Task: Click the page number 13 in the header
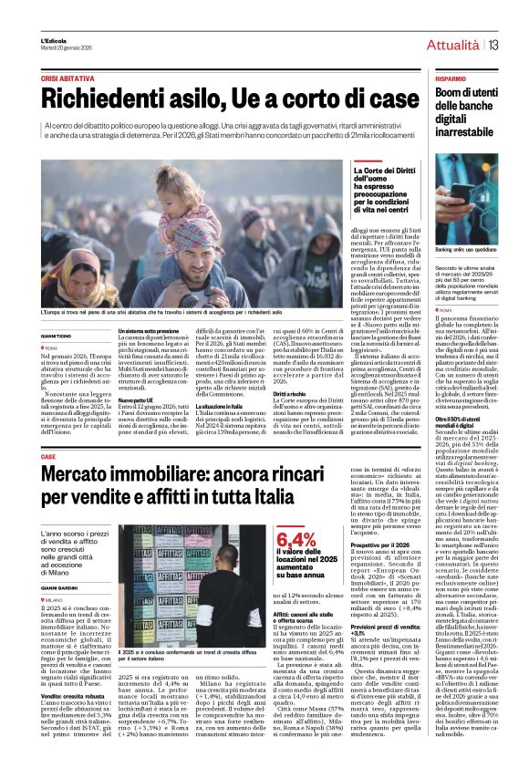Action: click(493, 45)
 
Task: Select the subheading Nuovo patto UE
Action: click(136, 400)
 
